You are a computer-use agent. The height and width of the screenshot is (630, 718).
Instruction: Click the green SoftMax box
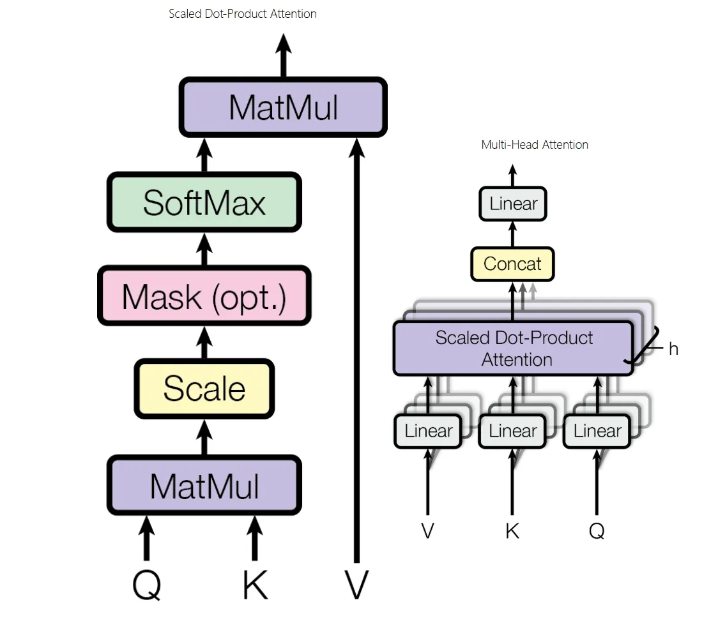tap(204, 203)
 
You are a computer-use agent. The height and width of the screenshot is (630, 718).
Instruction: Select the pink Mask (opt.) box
tap(204, 297)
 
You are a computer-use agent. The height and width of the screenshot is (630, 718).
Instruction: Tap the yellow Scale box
tap(204, 388)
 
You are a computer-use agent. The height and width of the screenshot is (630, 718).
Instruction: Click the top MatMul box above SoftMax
tap(283, 107)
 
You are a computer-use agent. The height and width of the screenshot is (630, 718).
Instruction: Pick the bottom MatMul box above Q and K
tap(204, 485)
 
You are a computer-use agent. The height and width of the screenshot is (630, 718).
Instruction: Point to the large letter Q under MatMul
tap(146, 583)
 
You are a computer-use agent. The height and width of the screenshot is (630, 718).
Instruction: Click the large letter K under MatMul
tap(255, 583)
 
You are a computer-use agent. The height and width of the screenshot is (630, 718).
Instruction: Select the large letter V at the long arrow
tap(356, 583)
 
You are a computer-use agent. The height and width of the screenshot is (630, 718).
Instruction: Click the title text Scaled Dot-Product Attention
tap(243, 13)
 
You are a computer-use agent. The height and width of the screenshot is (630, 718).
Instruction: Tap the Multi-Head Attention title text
tap(535, 145)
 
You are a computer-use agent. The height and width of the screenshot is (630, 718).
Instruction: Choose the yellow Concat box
tap(512, 264)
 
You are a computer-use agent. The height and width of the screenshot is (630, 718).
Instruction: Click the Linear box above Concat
tap(513, 204)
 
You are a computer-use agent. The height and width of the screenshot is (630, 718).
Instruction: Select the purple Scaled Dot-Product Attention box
tap(514, 349)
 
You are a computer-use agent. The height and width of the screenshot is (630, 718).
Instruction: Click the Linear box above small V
tap(428, 431)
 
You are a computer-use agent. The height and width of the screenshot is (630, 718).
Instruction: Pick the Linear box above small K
tap(512, 431)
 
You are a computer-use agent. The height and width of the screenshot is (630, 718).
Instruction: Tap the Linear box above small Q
tap(597, 431)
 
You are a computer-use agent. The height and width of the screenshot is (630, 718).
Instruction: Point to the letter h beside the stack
tap(673, 349)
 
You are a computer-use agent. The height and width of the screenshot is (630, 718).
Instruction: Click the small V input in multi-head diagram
tap(428, 530)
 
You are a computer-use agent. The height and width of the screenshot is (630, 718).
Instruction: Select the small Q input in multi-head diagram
tap(597, 530)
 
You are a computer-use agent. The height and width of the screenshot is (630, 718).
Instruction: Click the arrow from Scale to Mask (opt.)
tap(204, 343)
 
